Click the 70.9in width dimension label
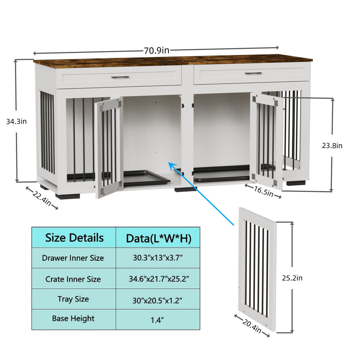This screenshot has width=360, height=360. (156, 50)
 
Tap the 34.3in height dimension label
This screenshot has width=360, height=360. (16, 121)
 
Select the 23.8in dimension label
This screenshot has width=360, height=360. (332, 146)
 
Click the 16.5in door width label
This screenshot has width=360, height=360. (263, 191)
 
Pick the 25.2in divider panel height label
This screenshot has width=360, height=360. (292, 278)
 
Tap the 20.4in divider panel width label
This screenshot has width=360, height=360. (252, 326)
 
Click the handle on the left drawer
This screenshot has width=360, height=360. (120, 77)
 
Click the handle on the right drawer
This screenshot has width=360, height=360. (253, 73)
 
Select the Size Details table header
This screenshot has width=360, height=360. (74, 238)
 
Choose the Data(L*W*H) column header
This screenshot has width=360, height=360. (158, 238)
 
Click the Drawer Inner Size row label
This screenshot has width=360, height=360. (73, 258)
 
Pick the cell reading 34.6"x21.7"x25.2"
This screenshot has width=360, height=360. (159, 279)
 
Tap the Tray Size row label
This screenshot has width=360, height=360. (73, 299)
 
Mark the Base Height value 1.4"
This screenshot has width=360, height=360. (157, 320)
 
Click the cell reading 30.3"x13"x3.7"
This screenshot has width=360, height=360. (158, 258)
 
